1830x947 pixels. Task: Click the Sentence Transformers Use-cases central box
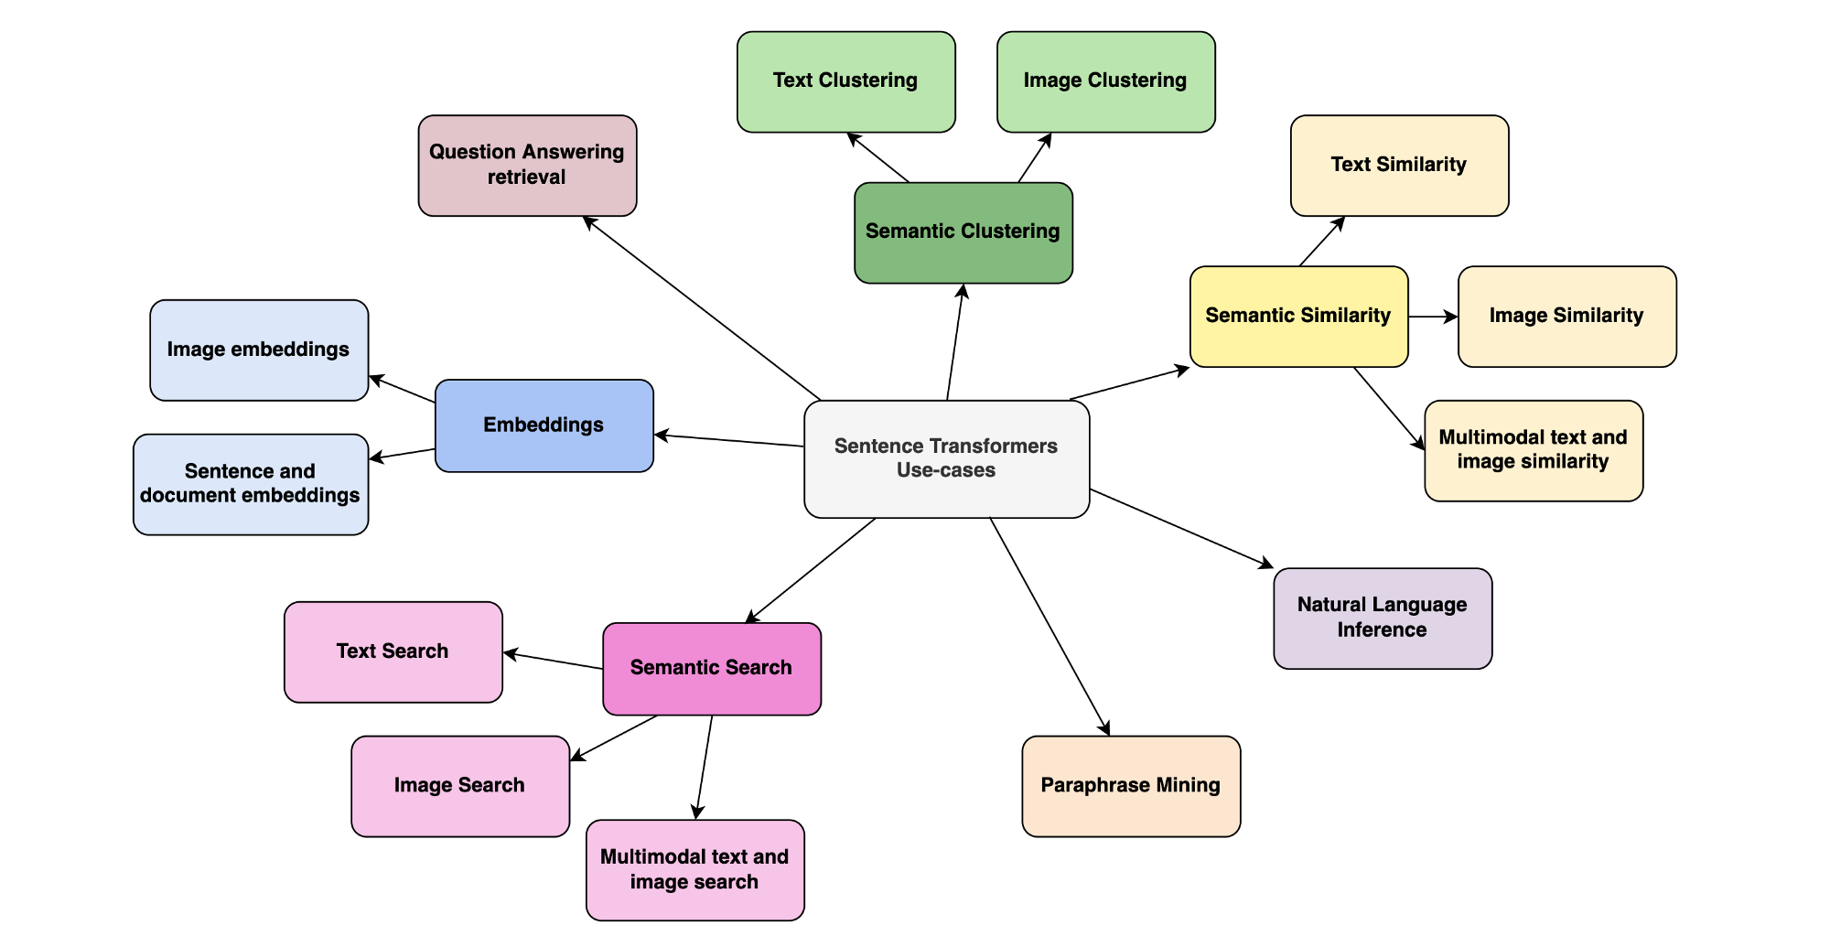click(x=947, y=459)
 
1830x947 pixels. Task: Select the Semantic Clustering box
click(x=963, y=232)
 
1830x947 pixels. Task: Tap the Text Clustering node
click(x=846, y=82)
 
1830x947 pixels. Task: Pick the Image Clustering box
click(x=1106, y=82)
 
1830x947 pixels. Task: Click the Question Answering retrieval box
click(x=528, y=166)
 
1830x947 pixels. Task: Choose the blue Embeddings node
click(x=544, y=425)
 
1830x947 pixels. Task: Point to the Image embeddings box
click(x=259, y=350)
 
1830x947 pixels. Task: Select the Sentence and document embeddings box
click(x=251, y=484)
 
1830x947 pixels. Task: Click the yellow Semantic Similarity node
click(x=1299, y=317)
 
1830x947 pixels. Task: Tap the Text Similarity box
click(x=1400, y=166)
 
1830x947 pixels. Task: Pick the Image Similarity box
click(x=1567, y=317)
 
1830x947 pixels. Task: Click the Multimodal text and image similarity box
click(x=1534, y=451)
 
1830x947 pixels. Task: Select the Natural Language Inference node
click(x=1383, y=619)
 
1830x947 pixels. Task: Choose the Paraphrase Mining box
click(x=1132, y=786)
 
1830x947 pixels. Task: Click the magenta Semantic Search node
click(x=712, y=669)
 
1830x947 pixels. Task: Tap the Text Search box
click(x=393, y=652)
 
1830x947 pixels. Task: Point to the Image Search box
click(x=460, y=786)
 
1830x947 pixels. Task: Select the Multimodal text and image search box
click(x=695, y=870)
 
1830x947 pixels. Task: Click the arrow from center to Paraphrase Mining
click(x=1050, y=627)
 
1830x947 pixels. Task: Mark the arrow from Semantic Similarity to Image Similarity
click(x=1434, y=317)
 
